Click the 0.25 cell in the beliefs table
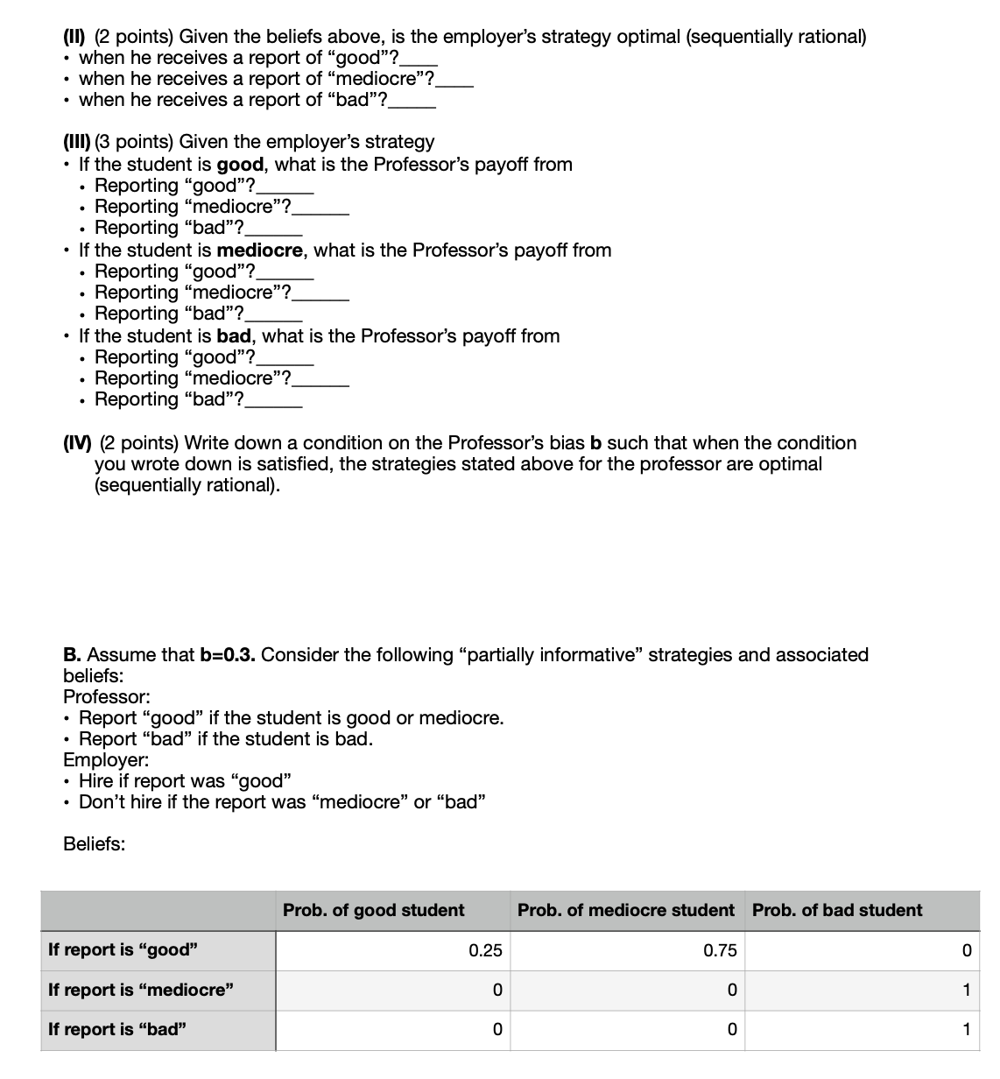pyautogui.click(x=485, y=950)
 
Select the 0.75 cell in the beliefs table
pyautogui.click(x=720, y=950)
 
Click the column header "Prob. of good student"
pyautogui.click(x=374, y=910)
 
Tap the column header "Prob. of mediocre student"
pyautogui.click(x=625, y=910)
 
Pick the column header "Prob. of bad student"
pyautogui.click(x=836, y=910)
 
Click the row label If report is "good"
pyautogui.click(x=123, y=950)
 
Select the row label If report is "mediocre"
pyautogui.click(x=141, y=990)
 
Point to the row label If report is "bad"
pyautogui.click(x=117, y=1029)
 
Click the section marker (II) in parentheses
pyautogui.click(x=75, y=37)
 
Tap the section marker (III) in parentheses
pyautogui.click(x=78, y=142)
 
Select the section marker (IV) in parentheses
pyautogui.click(x=79, y=443)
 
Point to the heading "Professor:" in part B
pyautogui.click(x=107, y=697)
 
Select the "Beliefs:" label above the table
pyautogui.click(x=94, y=844)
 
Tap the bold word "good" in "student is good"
pyautogui.click(x=240, y=165)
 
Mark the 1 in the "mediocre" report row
pyautogui.click(x=966, y=990)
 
